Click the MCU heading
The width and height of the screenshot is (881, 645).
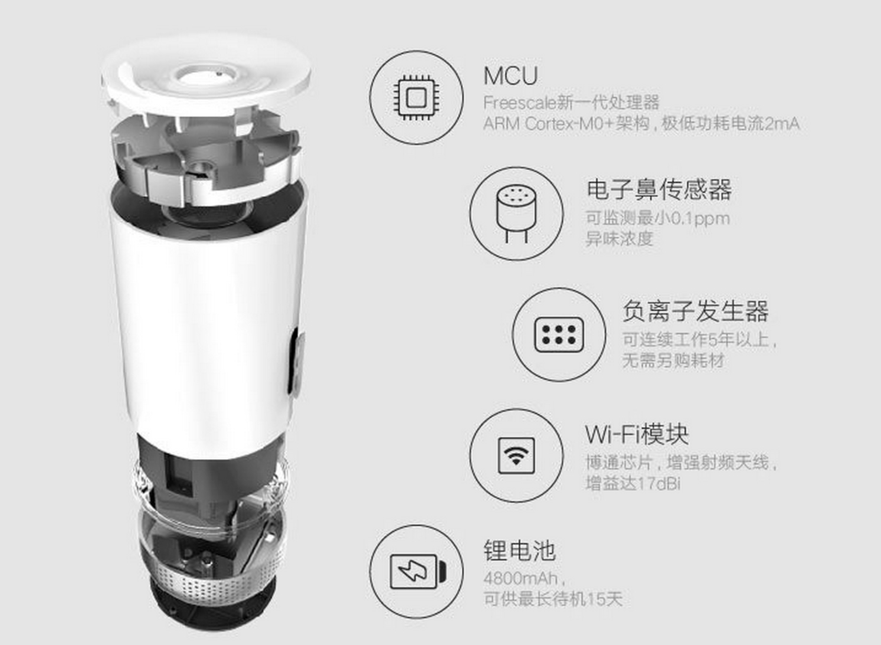[x=511, y=76]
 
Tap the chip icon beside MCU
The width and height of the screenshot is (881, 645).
[x=416, y=97]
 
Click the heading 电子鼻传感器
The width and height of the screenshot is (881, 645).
[x=659, y=190]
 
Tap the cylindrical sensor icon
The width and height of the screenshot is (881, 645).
[x=516, y=213]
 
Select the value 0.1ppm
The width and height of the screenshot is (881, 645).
[x=699, y=218]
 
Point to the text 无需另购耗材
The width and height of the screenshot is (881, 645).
[x=673, y=360]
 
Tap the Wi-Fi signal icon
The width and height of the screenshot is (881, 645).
[x=516, y=455]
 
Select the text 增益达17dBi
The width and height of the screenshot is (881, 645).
[x=633, y=484]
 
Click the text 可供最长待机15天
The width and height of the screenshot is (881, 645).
[x=553, y=599]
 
